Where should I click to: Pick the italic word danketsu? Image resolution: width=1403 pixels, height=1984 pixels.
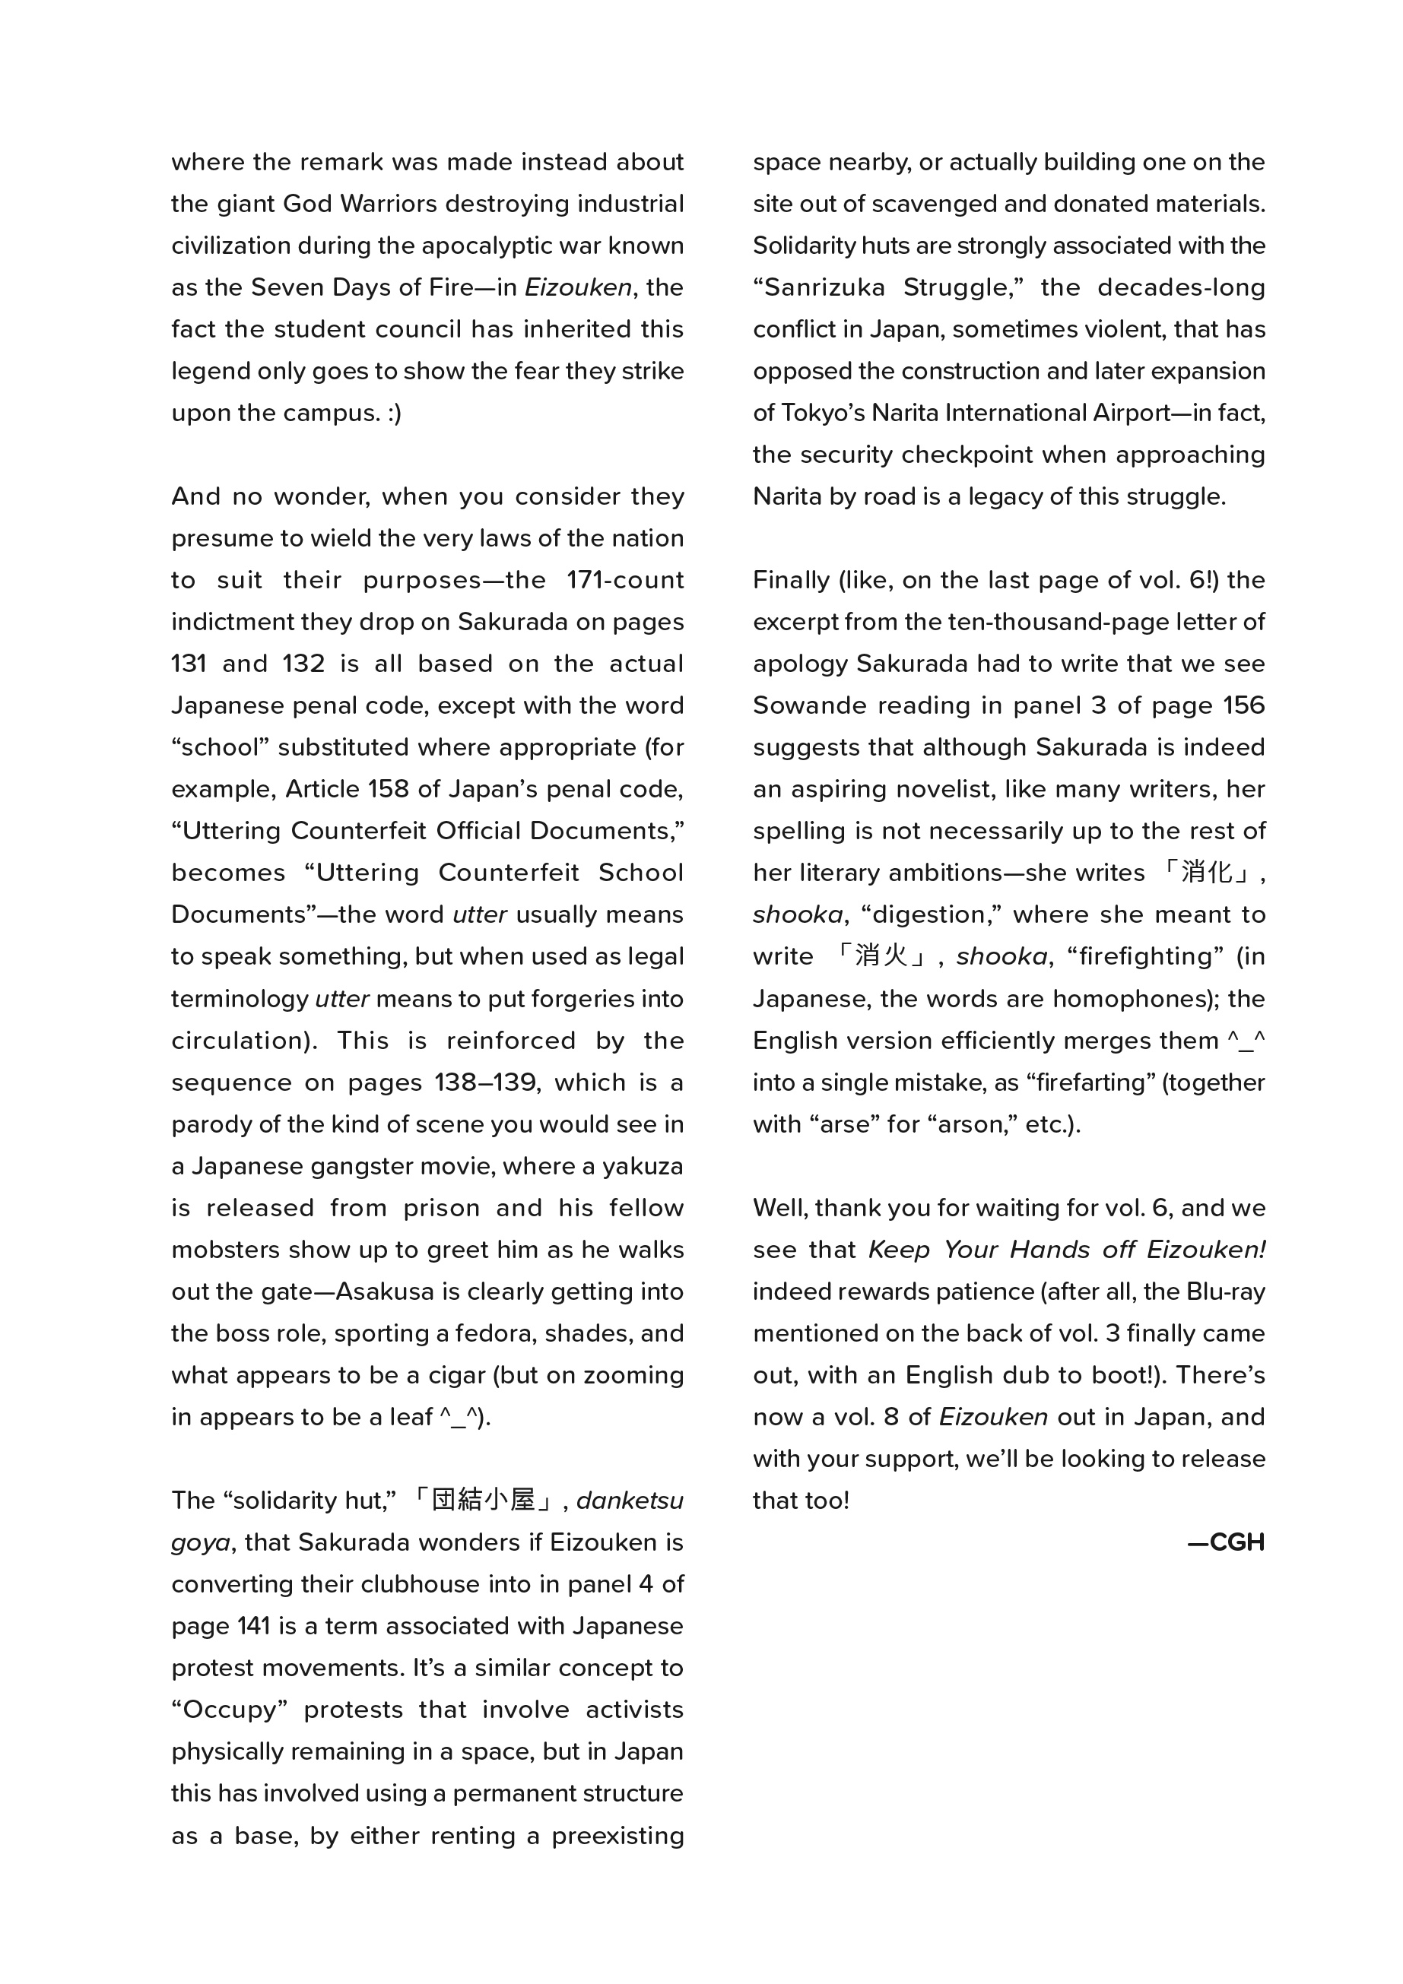point(630,1501)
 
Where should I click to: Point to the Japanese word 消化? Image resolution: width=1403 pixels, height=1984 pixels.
point(1207,873)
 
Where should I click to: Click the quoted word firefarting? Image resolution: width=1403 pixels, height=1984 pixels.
point(1091,1083)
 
